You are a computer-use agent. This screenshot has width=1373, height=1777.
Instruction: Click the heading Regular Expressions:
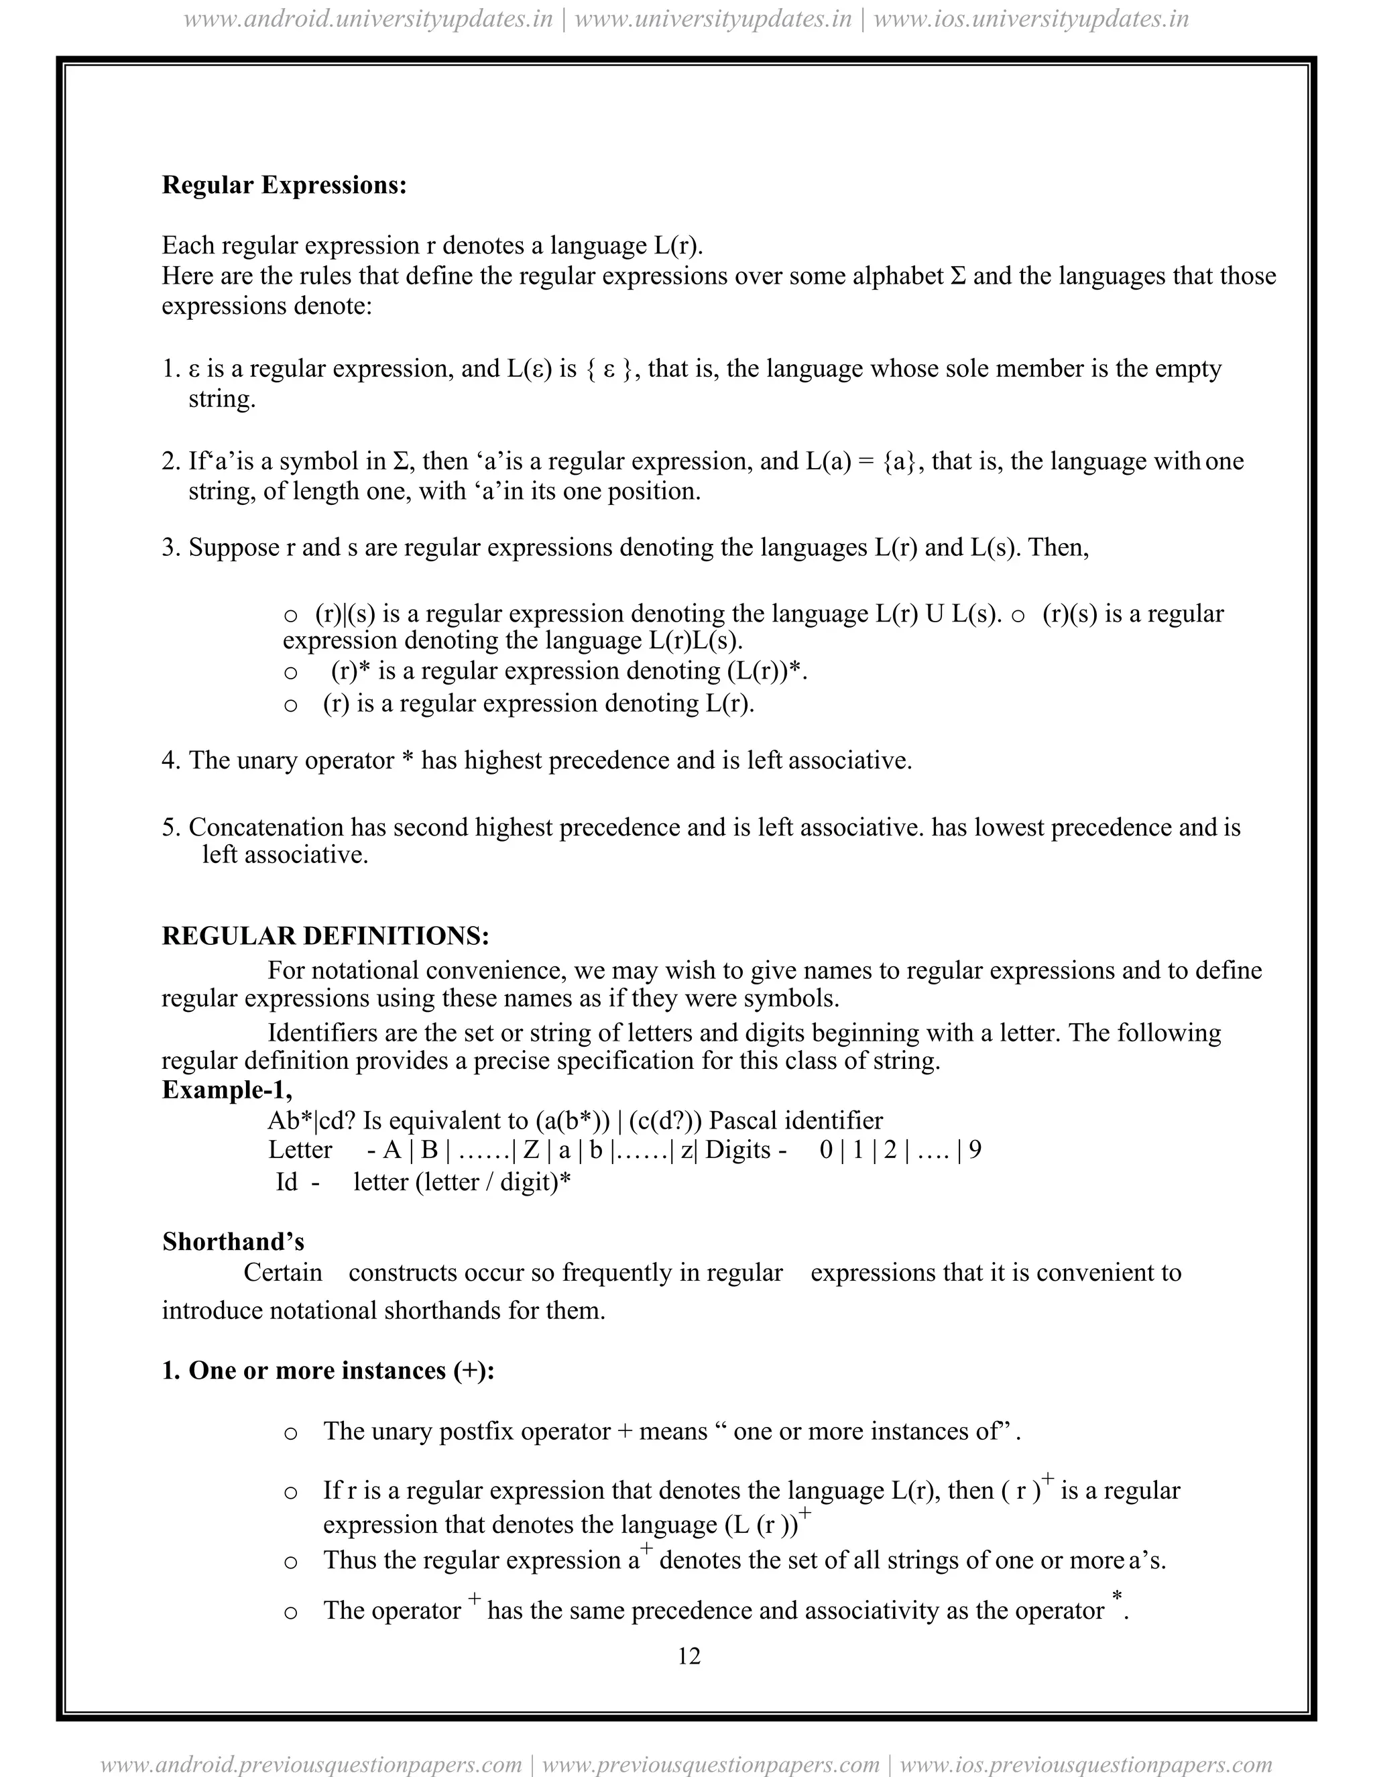point(284,186)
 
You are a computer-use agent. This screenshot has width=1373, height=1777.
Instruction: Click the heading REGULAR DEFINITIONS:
point(325,935)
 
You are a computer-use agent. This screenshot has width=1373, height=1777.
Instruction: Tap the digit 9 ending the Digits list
point(975,1149)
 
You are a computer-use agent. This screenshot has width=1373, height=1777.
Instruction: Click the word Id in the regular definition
point(286,1182)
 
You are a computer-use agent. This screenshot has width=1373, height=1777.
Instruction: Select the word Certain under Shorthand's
point(282,1273)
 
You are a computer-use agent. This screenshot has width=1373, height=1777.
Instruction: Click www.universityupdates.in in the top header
point(713,19)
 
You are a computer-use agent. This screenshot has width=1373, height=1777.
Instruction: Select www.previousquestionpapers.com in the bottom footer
point(710,1765)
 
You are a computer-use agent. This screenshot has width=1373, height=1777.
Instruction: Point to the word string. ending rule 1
point(221,400)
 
